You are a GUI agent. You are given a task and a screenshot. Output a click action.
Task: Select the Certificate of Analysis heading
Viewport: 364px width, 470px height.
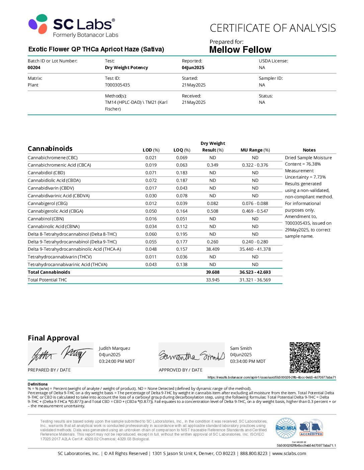point(273,28)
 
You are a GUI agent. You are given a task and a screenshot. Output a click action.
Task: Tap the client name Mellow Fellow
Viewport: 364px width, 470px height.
point(240,50)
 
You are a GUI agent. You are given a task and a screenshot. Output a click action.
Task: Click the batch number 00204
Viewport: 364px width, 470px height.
point(34,67)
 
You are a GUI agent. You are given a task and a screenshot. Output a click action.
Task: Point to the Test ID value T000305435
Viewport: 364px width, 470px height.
point(117,85)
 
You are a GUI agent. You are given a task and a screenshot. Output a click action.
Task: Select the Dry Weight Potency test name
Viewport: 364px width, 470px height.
point(126,67)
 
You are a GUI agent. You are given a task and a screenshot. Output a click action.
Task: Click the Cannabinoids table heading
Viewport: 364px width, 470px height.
point(50,149)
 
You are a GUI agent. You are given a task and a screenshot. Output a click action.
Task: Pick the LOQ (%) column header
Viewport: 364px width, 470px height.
point(182,150)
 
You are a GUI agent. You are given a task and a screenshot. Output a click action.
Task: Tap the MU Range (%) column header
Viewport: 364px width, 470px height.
point(255,150)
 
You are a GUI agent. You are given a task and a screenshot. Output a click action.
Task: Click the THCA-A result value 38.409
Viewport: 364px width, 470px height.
point(213,249)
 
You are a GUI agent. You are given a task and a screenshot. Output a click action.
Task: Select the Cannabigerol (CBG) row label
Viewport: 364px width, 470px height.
point(48,203)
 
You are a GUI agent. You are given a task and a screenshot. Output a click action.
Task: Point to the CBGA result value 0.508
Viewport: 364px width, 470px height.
point(213,211)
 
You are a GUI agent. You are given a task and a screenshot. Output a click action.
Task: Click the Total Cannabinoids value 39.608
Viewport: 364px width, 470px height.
point(213,272)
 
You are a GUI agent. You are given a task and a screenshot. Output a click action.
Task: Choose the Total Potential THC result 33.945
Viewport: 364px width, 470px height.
point(213,280)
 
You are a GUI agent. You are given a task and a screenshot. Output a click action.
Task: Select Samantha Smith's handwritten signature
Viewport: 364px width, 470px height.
point(191,356)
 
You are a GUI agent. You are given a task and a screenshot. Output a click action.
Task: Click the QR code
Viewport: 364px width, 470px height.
point(305,358)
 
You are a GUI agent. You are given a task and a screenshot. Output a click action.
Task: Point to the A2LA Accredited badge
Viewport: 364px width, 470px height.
point(311,428)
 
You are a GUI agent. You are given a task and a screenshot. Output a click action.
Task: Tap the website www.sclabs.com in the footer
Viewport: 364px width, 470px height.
point(289,453)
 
